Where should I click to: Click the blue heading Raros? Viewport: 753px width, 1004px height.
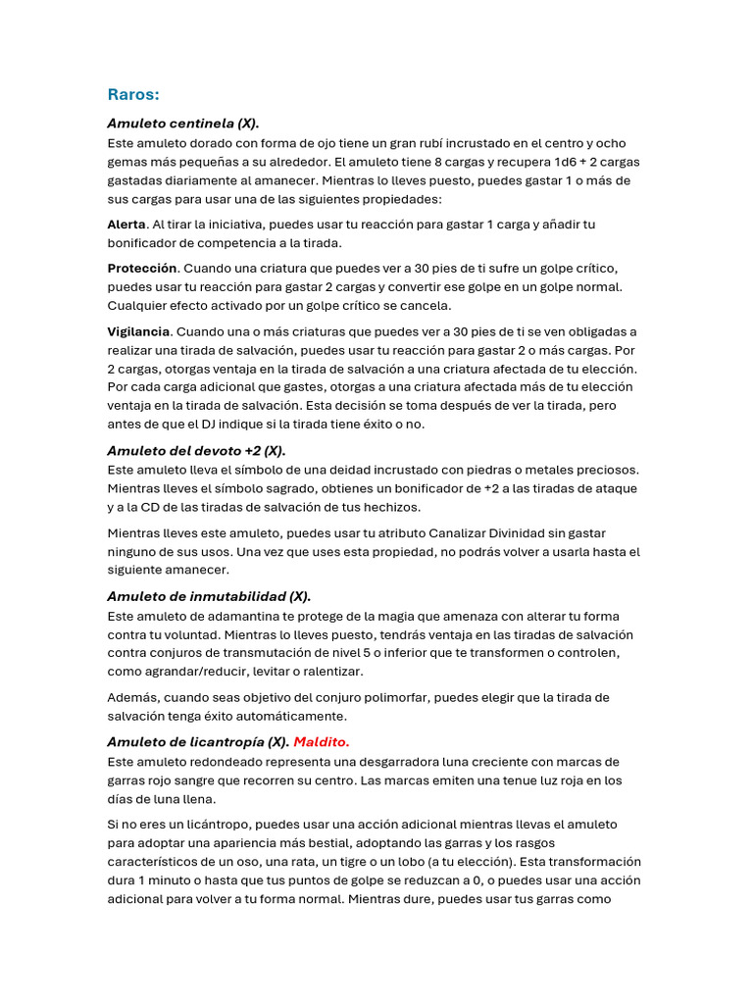tap(133, 94)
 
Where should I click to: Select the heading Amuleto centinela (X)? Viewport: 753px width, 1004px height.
tap(183, 124)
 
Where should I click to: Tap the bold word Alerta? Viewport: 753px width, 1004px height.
tap(125, 225)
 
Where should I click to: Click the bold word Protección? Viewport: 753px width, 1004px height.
tap(142, 268)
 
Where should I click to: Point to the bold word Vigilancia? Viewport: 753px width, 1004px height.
tap(138, 331)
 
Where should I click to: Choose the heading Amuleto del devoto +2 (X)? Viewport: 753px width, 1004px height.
tap(196, 451)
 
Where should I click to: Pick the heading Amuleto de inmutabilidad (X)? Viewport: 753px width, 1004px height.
tap(209, 596)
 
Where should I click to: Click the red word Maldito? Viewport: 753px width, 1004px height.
tap(322, 741)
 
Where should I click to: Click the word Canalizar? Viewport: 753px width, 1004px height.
tap(459, 533)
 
